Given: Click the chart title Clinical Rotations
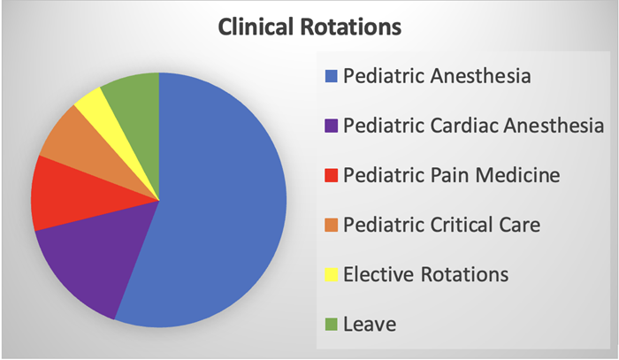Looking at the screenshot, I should [309, 27].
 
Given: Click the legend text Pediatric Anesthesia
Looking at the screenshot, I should [437, 76].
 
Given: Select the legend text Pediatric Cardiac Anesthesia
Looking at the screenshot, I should [474, 126].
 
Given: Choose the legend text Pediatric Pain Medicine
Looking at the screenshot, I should [452, 175].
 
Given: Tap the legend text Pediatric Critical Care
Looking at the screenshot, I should [441, 225].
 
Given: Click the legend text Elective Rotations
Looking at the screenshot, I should [426, 274].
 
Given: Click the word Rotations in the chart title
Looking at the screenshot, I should [354, 27].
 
